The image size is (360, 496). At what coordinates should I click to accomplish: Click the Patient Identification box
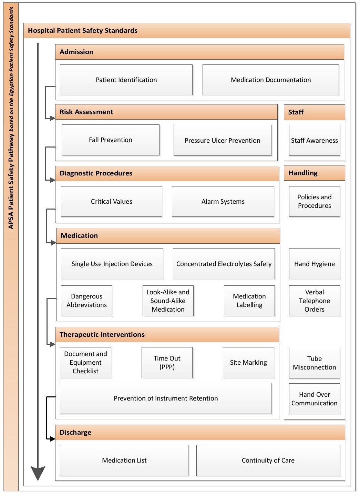(x=126, y=80)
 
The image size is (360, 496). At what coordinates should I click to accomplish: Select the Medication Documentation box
(x=270, y=80)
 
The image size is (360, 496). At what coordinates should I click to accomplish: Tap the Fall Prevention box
(x=110, y=140)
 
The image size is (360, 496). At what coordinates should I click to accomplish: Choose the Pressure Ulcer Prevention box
(x=222, y=141)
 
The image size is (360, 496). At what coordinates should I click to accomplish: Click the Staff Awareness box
(x=314, y=141)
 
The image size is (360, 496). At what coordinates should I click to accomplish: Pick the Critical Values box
(x=111, y=202)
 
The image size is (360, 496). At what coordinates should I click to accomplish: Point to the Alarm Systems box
(x=223, y=202)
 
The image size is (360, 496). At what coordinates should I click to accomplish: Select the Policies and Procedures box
(x=314, y=202)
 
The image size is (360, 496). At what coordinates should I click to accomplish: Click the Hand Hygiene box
(x=314, y=264)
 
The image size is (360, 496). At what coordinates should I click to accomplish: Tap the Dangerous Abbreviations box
(x=86, y=301)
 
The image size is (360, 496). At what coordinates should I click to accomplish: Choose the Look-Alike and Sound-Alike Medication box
(x=168, y=301)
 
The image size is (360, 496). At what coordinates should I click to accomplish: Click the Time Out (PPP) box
(x=167, y=363)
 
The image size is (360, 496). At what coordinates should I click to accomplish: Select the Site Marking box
(x=248, y=363)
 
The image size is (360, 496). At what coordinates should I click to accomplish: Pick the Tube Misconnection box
(x=314, y=363)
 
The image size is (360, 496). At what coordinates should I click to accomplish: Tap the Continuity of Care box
(x=268, y=460)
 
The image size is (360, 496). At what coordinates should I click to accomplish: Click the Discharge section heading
(x=75, y=433)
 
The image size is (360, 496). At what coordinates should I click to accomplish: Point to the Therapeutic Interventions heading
(x=102, y=335)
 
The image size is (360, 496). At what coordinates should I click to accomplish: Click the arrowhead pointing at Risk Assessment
(x=52, y=119)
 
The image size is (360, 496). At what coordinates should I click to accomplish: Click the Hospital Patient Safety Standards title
(x=83, y=31)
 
